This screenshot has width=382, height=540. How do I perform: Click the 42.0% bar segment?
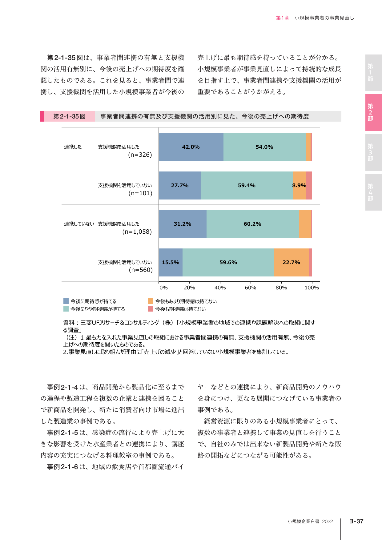coord(191,147)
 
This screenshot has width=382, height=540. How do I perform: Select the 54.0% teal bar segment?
coord(265,147)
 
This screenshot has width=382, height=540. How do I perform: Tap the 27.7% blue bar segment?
coord(180,185)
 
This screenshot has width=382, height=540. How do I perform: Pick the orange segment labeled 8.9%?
coord(300,185)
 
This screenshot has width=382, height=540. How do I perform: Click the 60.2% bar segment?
coord(253,224)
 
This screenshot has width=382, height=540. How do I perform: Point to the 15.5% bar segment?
coord(171,262)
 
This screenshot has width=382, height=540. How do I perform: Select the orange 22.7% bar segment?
coord(292,262)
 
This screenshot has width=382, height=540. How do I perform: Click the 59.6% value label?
coord(228,262)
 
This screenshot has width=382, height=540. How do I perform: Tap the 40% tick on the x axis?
coord(220,288)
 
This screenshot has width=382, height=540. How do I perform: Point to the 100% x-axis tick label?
coord(312,288)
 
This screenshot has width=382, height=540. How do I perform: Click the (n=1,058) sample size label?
coord(137,232)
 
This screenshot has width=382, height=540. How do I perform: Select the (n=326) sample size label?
coord(140,155)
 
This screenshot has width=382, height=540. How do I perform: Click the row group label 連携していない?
coord(79,224)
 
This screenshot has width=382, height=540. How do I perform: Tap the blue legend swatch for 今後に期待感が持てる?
coord(66,301)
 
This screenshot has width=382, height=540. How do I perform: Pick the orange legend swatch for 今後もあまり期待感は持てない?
coord(151,301)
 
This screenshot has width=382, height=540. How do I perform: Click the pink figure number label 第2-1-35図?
coord(69,116)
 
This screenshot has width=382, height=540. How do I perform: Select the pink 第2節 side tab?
coord(373,112)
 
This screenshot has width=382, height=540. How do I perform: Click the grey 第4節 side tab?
coord(373,192)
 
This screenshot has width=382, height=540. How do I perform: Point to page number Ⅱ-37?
coord(356,521)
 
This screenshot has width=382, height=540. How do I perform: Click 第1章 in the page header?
coord(283,18)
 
